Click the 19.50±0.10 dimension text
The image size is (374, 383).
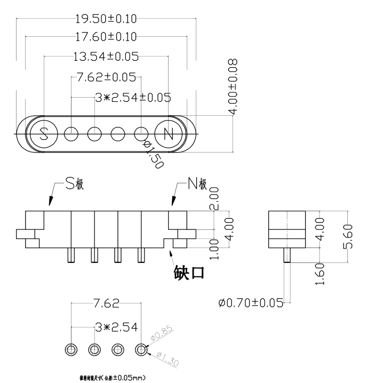pos(106,19)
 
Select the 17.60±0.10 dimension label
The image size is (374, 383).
pos(106,37)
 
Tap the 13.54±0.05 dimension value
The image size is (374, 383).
pos(106,56)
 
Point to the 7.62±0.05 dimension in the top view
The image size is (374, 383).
pos(106,77)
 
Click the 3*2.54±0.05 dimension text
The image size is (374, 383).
pos(132,97)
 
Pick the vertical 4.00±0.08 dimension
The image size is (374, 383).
pos(233,87)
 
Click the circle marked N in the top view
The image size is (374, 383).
pos(168,133)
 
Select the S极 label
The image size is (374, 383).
pos(75,185)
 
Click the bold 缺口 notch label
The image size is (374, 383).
pos(189,273)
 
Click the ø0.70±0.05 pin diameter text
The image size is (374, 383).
pos(250,303)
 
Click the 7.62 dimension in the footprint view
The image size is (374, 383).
pos(106,305)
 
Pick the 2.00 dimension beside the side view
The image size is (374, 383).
pos(214,198)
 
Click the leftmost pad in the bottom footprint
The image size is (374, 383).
pos(71,349)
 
